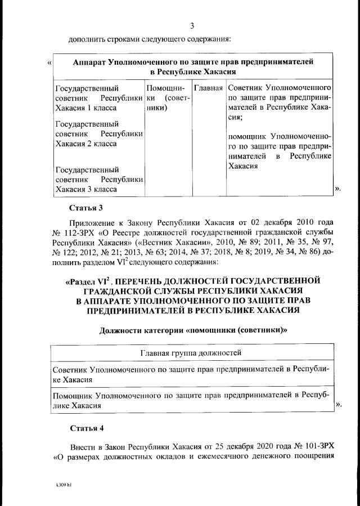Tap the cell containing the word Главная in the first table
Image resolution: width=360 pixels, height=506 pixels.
[x=208, y=88]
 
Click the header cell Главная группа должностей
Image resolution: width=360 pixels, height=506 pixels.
[x=191, y=353]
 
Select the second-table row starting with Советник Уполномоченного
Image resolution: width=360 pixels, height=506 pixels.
[x=191, y=374]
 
